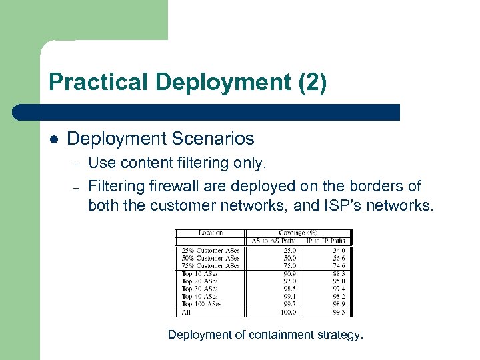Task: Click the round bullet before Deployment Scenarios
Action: tap(54, 139)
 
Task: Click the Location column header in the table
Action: tap(211, 233)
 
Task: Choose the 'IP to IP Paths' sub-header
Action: tap(328, 241)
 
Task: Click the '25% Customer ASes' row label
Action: tap(210, 251)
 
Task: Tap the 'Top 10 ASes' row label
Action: tap(201, 273)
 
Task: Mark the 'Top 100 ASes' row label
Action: tap(202, 304)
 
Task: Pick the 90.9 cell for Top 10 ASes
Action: tap(289, 273)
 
